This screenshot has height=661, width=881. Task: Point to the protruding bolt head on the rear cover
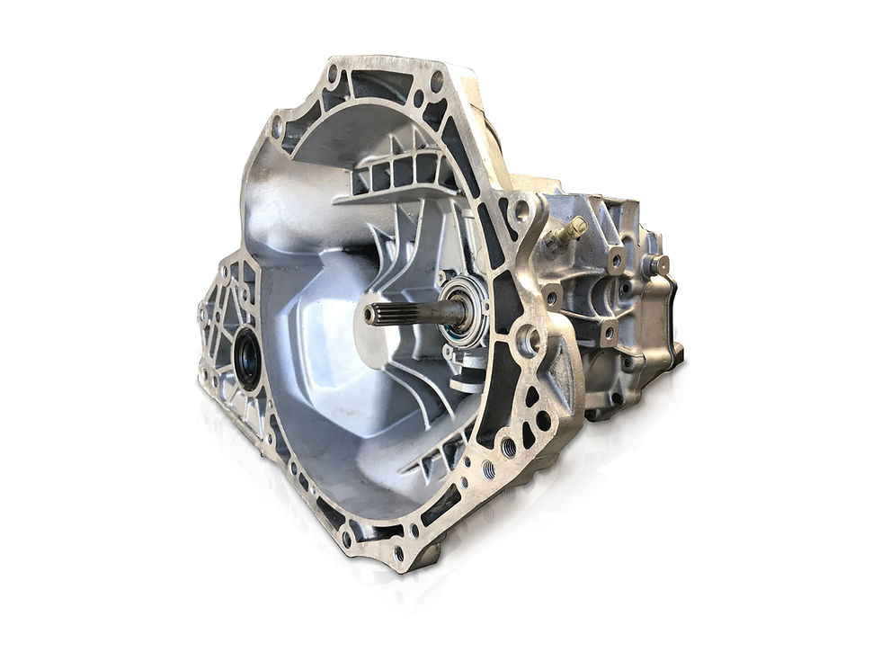659,265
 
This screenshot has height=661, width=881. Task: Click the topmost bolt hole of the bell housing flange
337,70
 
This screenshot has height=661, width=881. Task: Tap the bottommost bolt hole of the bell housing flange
398,552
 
